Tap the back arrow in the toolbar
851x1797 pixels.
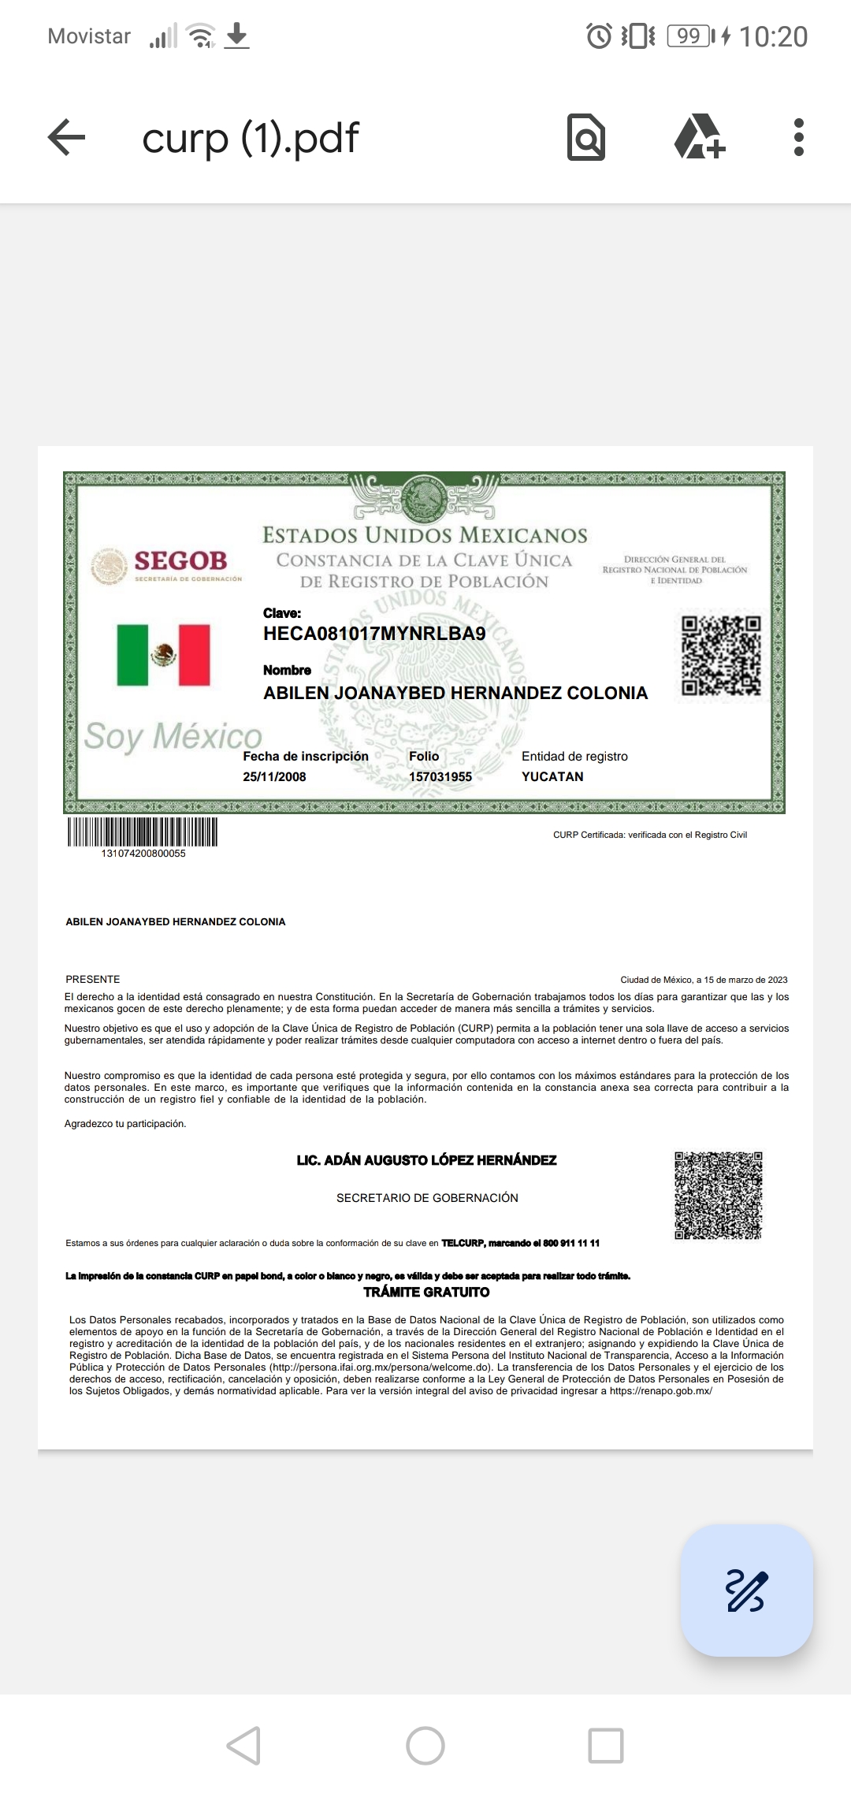(x=66, y=138)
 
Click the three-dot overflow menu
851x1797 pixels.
(x=798, y=138)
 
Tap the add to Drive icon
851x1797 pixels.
(x=699, y=138)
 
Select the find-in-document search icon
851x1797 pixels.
(x=586, y=138)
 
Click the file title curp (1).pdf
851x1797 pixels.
(x=251, y=138)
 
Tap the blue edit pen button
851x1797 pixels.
(x=746, y=1590)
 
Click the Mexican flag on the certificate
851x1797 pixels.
(x=164, y=655)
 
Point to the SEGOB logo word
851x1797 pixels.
(x=180, y=560)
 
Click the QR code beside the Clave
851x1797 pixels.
(x=721, y=656)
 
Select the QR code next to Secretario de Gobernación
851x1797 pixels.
(x=718, y=1195)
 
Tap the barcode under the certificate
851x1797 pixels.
(x=143, y=832)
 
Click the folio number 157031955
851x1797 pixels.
(x=440, y=776)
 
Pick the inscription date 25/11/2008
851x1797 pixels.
(x=274, y=776)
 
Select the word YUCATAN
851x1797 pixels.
(x=552, y=776)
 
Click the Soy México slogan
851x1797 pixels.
(x=173, y=736)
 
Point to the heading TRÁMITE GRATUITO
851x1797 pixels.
(x=426, y=1292)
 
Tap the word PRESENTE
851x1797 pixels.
(x=93, y=979)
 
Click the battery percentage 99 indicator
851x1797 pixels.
(x=689, y=36)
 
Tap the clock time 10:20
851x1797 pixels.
(x=773, y=36)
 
